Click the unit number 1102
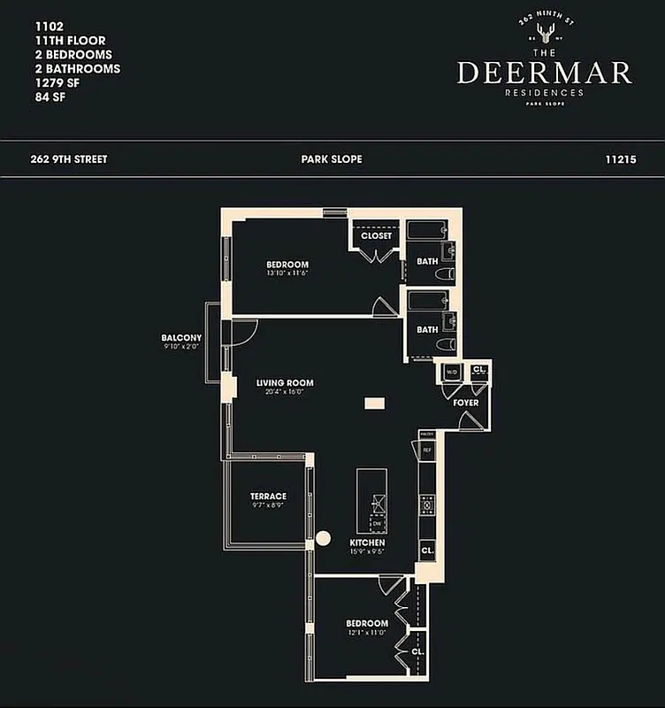(x=39, y=27)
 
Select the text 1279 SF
(x=50, y=82)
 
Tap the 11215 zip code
(x=622, y=159)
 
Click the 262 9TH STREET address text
(x=68, y=159)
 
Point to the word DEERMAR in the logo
(x=544, y=73)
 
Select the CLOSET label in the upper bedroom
(x=376, y=236)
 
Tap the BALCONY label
(x=181, y=338)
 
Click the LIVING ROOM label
(x=285, y=383)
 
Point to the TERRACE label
(x=267, y=496)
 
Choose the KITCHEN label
(x=367, y=543)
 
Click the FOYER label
(x=466, y=403)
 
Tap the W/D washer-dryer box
(x=451, y=371)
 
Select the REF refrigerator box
(x=427, y=450)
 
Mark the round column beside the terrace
(x=323, y=537)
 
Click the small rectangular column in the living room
(x=375, y=403)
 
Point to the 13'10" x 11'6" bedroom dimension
(x=287, y=273)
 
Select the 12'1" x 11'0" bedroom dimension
(x=366, y=633)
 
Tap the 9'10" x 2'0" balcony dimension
(x=181, y=348)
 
